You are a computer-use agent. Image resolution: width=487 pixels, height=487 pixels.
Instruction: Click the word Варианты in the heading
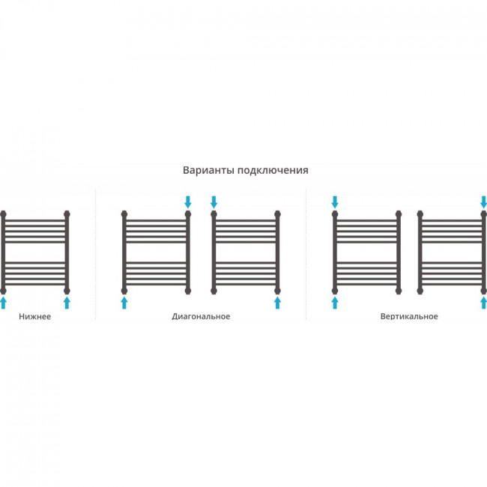pyautogui.click(x=208, y=170)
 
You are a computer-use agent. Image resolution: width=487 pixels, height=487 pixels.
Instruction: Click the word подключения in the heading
pyautogui.click(x=273, y=171)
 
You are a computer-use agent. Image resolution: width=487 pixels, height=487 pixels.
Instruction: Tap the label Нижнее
pyautogui.click(x=34, y=316)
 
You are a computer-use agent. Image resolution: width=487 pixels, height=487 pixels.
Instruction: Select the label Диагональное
pyautogui.click(x=201, y=316)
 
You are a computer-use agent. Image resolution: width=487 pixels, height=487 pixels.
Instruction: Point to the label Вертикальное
pyautogui.click(x=409, y=316)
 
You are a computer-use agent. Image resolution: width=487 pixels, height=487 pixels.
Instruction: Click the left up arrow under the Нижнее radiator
pyautogui.click(x=3, y=303)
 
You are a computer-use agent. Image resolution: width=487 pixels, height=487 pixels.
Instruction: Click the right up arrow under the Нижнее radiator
pyautogui.click(x=67, y=303)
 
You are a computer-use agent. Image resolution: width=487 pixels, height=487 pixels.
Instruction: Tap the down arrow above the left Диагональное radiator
pyautogui.click(x=188, y=202)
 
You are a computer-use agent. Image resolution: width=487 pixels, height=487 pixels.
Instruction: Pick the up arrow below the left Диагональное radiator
pyautogui.click(x=124, y=303)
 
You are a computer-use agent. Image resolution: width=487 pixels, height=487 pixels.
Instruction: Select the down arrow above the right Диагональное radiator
pyautogui.click(x=214, y=202)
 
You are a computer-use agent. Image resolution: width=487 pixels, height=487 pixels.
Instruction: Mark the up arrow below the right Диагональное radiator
pyautogui.click(x=278, y=303)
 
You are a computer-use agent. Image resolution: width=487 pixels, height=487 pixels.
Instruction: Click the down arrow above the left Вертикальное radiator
pyautogui.click(x=335, y=202)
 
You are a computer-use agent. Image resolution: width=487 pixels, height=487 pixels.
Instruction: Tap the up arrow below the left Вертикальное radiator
pyautogui.click(x=335, y=303)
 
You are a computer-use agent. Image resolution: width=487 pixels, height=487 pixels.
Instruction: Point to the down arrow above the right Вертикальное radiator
pyautogui.click(x=483, y=202)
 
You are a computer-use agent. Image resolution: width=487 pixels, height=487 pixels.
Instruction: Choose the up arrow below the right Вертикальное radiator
pyautogui.click(x=483, y=303)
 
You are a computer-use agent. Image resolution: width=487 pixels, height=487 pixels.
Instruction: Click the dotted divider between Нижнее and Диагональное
pyautogui.click(x=95, y=254)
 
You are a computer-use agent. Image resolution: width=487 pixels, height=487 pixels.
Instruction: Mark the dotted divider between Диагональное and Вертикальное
pyautogui.click(x=306, y=254)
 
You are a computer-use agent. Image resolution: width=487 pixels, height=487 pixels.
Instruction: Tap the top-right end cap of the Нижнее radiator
pyautogui.click(x=67, y=214)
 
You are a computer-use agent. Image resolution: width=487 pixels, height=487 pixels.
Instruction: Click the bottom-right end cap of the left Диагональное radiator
pyautogui.click(x=188, y=291)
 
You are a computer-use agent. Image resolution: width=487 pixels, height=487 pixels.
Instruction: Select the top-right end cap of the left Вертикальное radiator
pyautogui.click(x=399, y=214)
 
